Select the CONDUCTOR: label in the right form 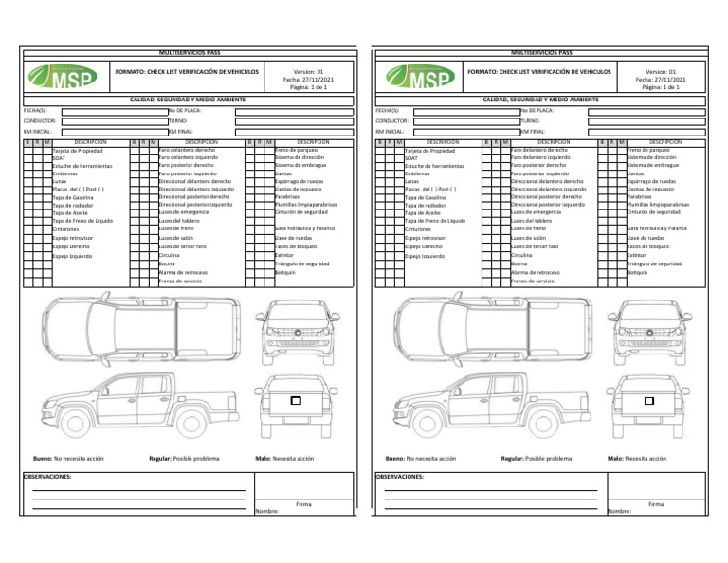391,121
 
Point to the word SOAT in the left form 59,158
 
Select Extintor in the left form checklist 282,255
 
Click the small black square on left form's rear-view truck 296,402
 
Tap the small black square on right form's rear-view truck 649,402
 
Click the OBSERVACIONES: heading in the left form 48,477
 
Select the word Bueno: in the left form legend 43,458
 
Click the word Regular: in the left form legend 160,458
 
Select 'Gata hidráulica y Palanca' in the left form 305,229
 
